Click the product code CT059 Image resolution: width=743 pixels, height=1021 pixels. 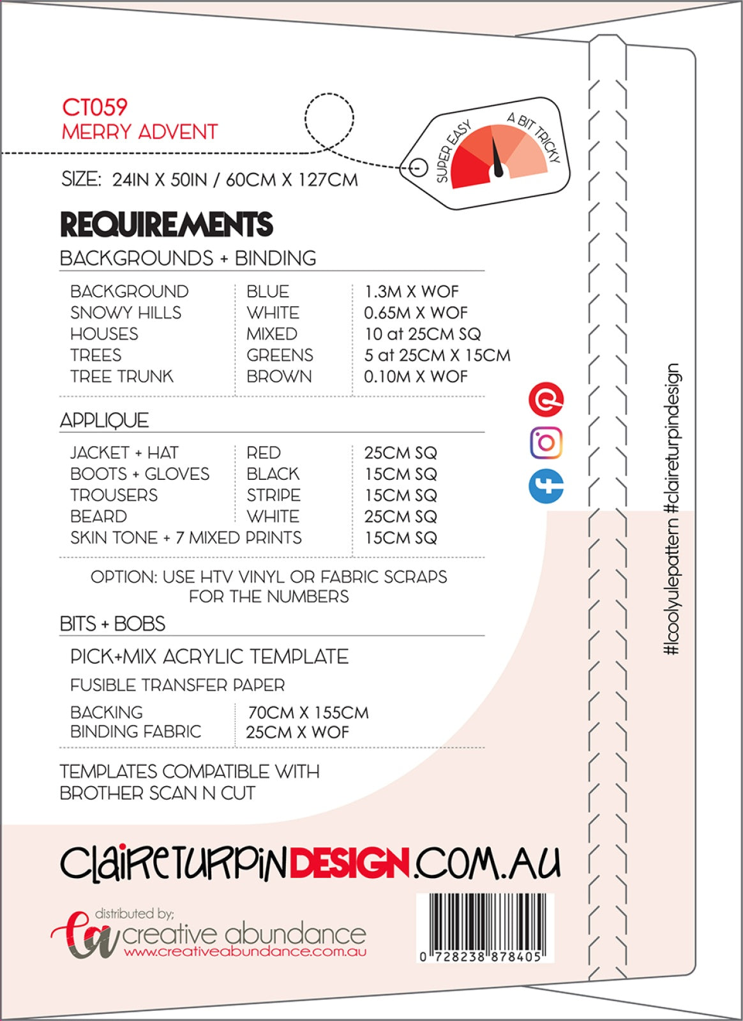click(94, 107)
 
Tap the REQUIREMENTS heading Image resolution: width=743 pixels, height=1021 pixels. click(167, 225)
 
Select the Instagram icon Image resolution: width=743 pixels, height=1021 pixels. click(546, 442)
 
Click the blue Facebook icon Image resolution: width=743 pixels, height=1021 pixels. click(546, 486)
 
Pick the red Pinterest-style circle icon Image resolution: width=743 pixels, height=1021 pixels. click(546, 399)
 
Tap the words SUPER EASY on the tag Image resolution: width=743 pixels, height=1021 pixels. click(453, 151)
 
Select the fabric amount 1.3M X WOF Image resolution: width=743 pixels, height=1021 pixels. click(411, 292)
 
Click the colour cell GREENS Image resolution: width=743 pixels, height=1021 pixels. click(280, 355)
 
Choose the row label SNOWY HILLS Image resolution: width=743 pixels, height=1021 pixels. click(126, 313)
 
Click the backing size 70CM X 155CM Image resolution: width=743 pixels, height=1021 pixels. click(308, 712)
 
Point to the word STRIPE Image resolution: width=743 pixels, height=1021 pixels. click(273, 495)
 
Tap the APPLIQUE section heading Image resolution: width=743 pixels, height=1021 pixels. click(104, 421)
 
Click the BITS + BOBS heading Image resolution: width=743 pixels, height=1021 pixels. click(112, 623)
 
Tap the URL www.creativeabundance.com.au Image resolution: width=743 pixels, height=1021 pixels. click(245, 951)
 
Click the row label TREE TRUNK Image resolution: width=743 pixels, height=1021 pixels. click(121, 376)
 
